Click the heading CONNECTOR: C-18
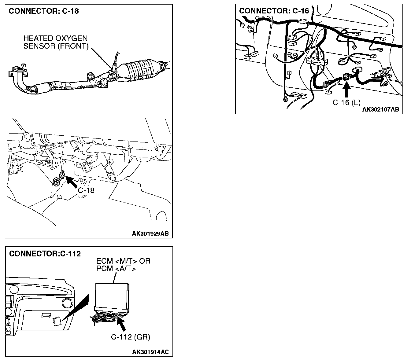[44, 11]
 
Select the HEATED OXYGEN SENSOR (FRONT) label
[56, 42]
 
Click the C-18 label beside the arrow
[86, 190]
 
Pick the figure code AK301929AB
[150, 234]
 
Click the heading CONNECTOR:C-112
[45, 254]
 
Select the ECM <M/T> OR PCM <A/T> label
[123, 265]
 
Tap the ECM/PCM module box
[112, 295]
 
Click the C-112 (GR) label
[131, 337]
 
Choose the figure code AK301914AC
[150, 352]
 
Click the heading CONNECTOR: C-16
[274, 11]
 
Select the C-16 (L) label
[346, 103]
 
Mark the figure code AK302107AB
[381, 110]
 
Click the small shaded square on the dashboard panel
[57, 322]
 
